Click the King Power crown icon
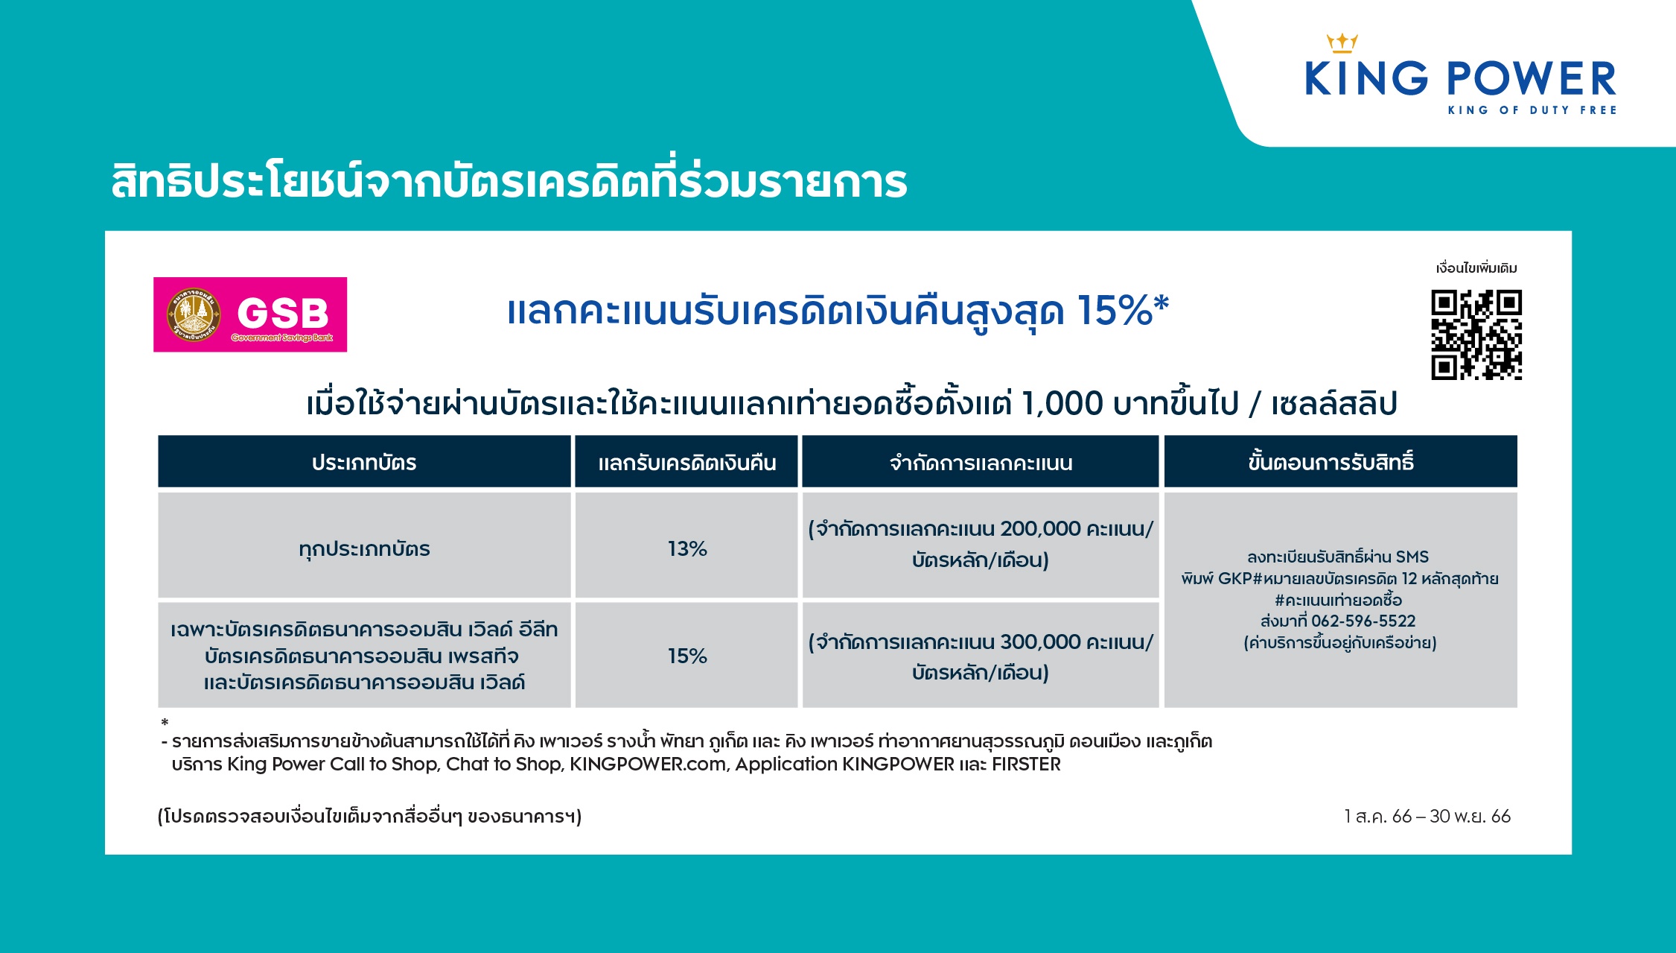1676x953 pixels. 1342,43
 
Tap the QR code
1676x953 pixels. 1476,335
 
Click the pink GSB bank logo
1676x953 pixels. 250,314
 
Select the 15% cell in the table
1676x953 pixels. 686,655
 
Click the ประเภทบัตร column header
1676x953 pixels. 364,462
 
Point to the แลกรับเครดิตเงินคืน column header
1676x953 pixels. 686,462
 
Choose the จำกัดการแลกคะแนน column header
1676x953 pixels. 981,462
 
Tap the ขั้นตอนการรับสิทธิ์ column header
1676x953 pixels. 1340,462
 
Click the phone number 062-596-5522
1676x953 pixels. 1363,621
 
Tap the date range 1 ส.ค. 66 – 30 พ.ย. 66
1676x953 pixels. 1427,816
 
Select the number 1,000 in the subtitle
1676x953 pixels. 1062,404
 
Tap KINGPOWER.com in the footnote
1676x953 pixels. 648,764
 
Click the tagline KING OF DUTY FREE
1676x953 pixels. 1532,110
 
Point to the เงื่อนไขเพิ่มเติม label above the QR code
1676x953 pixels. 1476,268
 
